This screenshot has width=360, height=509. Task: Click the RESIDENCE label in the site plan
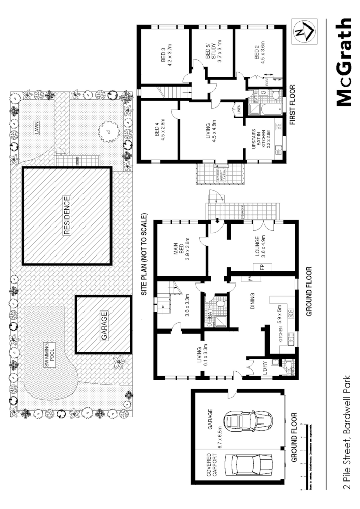pos(66,215)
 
